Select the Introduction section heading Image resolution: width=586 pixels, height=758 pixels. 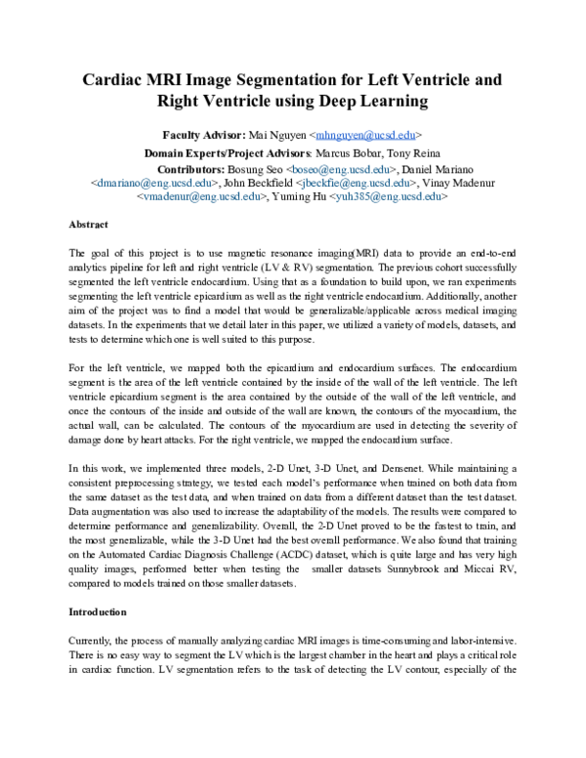(98, 611)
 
